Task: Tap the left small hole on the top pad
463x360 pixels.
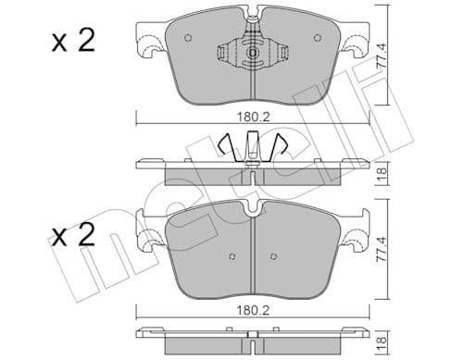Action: pyautogui.click(x=188, y=39)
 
